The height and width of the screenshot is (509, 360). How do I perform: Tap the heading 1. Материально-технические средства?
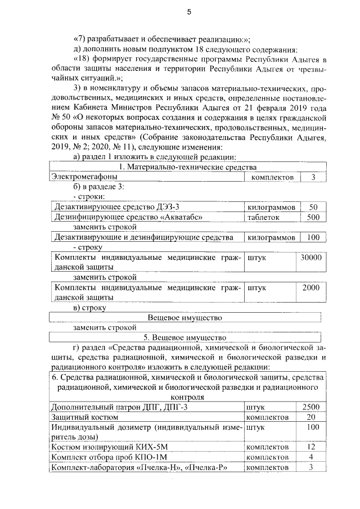pyautogui.click(x=188, y=168)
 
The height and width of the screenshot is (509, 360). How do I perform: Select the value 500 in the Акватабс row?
pyautogui.click(x=313, y=218)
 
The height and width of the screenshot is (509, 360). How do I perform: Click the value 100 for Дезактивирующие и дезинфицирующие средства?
pyautogui.click(x=313, y=237)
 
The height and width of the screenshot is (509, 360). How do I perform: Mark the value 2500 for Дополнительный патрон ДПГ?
pyautogui.click(x=310, y=407)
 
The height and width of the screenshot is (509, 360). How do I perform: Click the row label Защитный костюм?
pyautogui.click(x=84, y=417)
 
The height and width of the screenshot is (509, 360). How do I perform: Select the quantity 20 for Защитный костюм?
pyautogui.click(x=310, y=417)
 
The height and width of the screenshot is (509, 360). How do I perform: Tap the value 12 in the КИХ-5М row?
pyautogui.click(x=310, y=447)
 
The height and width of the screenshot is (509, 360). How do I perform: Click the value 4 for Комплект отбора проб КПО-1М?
pyautogui.click(x=310, y=457)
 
